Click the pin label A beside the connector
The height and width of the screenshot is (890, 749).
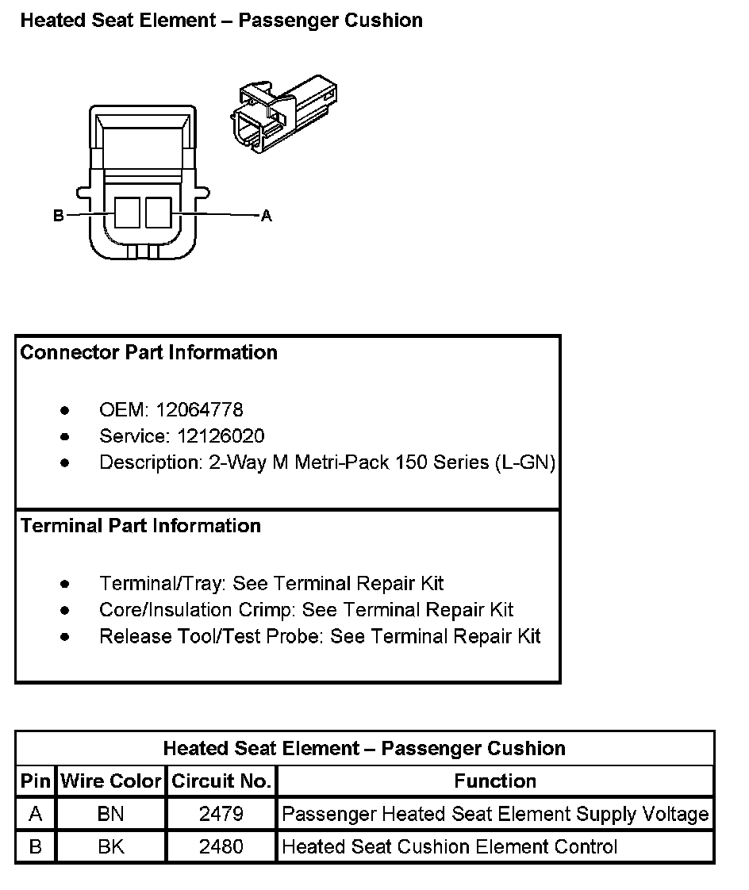click(x=267, y=216)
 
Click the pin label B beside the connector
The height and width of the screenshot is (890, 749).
click(x=58, y=216)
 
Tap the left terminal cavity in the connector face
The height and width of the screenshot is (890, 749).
click(x=127, y=213)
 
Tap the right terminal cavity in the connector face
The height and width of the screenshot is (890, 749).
click(x=158, y=213)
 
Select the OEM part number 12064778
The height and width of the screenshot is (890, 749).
click(x=199, y=410)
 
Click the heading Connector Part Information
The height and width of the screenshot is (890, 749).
click(x=148, y=352)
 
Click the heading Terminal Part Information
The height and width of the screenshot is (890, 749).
click(x=140, y=526)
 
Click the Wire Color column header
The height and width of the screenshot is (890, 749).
click(x=111, y=781)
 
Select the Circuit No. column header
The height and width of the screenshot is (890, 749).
click(x=221, y=781)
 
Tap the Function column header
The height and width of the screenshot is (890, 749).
click(x=495, y=781)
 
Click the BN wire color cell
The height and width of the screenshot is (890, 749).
click(x=111, y=814)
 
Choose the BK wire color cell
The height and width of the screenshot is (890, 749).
click(x=111, y=846)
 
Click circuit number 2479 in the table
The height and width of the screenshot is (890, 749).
click(x=221, y=814)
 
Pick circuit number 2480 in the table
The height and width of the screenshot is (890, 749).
click(x=221, y=846)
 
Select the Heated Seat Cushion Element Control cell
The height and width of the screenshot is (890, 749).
click(x=449, y=846)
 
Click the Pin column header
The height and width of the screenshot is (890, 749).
click(x=35, y=781)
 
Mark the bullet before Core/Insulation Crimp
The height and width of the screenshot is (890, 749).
click(x=64, y=611)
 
